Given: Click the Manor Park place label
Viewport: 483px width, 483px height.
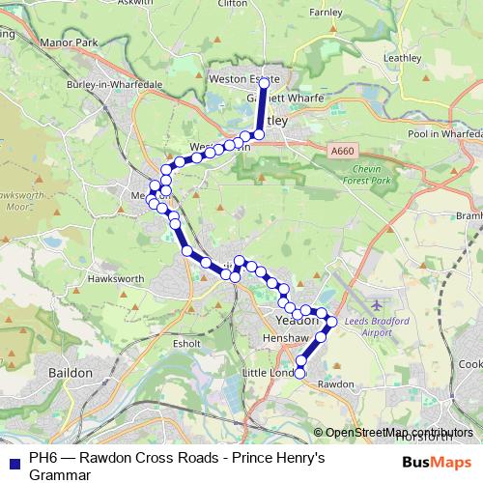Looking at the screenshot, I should point(71,43).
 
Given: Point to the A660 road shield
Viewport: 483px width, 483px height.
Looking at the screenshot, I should point(343,151).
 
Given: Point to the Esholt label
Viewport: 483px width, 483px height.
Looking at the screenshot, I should point(185,343).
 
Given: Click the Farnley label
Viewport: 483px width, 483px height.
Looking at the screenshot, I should point(327,14).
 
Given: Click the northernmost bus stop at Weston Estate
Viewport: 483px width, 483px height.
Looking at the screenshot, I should point(264,84).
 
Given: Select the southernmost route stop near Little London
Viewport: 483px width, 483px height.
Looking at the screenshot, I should point(299,373).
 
